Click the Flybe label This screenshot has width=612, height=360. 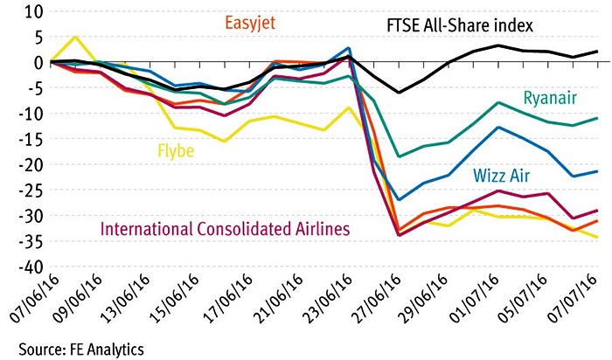click(x=176, y=150)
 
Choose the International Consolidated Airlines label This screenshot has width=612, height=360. click(x=215, y=229)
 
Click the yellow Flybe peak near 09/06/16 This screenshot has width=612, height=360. click(x=77, y=37)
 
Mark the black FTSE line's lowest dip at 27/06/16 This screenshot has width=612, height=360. click(x=400, y=93)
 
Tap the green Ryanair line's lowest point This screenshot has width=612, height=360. click(x=400, y=156)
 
